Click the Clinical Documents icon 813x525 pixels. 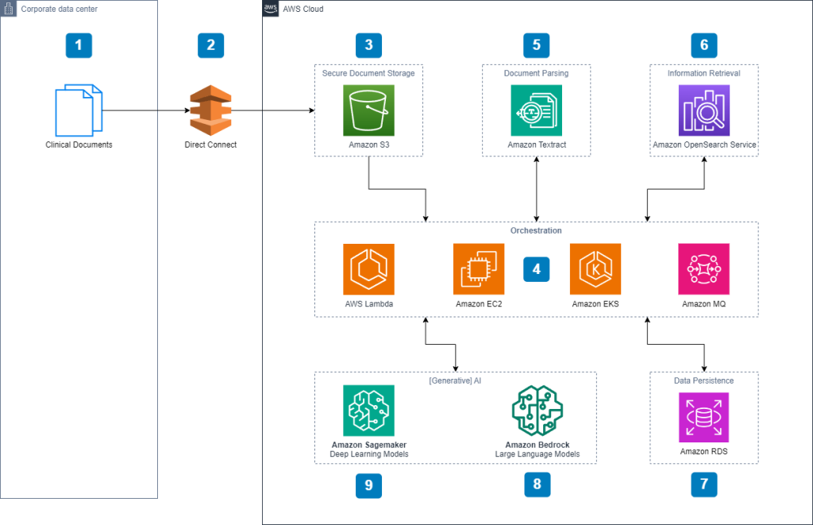79,110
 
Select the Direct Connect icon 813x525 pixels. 210,111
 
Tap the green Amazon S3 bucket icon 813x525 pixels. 368,110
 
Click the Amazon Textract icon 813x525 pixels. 536,110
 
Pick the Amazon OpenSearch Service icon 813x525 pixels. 703,110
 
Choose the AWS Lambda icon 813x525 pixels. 368,268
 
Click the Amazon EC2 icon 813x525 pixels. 479,268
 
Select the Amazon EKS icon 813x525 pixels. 595,268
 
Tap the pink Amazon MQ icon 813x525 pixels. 703,268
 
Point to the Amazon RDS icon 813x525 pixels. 703,417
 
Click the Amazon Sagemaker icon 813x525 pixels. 368,411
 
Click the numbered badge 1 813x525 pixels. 79,45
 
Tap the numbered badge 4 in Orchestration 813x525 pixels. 537,269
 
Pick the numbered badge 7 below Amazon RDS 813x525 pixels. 703,483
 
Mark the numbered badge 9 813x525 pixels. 368,484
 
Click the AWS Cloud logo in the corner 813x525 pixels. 271,9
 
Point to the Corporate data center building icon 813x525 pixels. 9,9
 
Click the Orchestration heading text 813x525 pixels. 536,230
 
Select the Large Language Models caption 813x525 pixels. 537,454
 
